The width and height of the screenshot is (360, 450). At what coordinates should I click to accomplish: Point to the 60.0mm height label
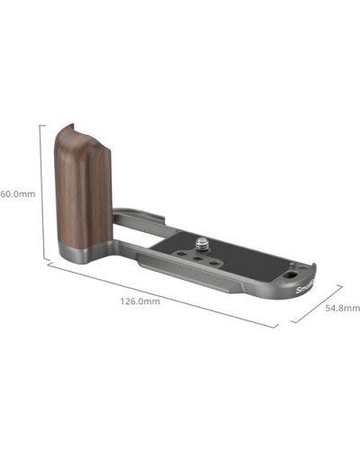click(18, 193)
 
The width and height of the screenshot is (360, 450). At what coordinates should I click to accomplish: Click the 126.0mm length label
click(140, 301)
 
